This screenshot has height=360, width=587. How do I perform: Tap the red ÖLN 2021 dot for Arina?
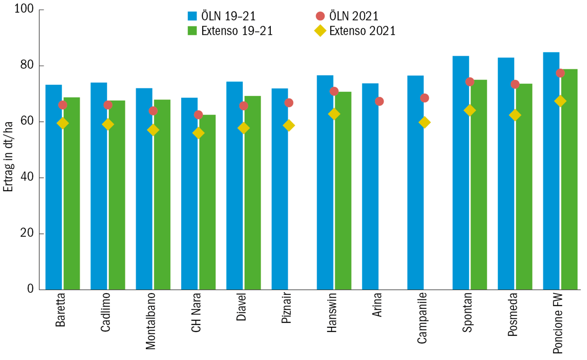[379, 101]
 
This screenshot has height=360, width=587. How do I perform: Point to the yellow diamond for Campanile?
[424, 123]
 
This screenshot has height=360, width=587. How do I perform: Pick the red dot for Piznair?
[289, 103]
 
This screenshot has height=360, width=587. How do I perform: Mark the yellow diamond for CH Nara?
[198, 133]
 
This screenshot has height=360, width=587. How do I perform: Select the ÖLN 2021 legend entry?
[354, 16]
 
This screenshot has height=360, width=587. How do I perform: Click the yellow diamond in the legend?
[320, 31]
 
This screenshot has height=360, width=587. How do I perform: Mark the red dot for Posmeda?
[515, 84]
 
